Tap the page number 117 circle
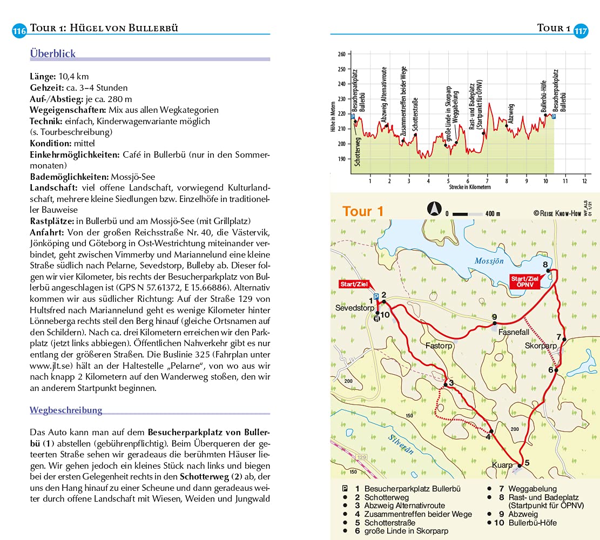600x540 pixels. (x=581, y=31)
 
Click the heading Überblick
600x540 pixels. (x=52, y=54)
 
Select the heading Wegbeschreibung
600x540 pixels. (x=66, y=410)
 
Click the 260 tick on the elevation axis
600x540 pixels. (x=341, y=55)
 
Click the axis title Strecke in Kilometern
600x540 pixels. (x=469, y=187)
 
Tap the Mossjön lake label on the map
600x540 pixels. (x=489, y=261)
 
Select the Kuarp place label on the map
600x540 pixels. (x=502, y=464)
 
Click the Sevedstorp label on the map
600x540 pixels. (x=354, y=308)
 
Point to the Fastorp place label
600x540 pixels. (x=438, y=345)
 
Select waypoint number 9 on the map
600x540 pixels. (x=494, y=317)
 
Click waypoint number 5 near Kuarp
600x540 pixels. (x=527, y=462)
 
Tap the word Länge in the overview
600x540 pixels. (x=43, y=76)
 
